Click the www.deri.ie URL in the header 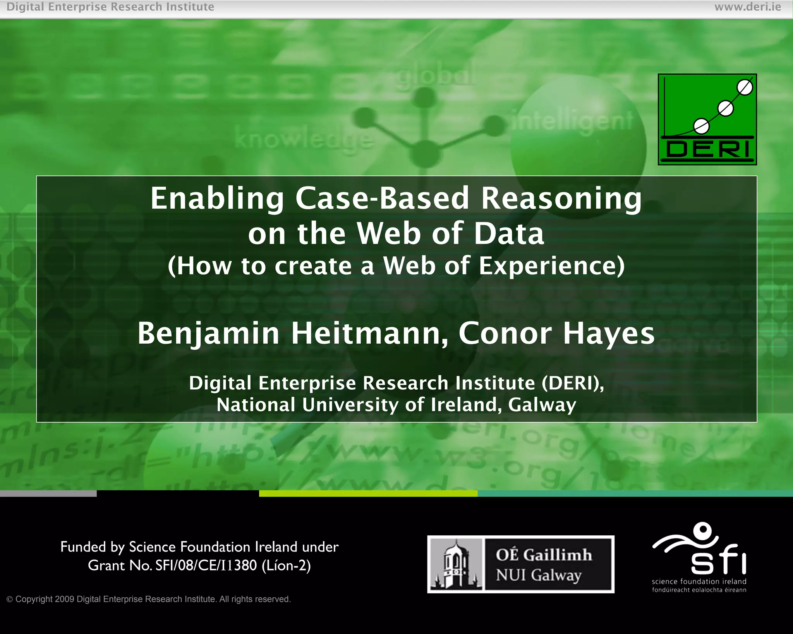(x=747, y=7)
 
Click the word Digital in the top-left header (x=25, y=7)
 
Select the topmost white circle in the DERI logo (x=745, y=87)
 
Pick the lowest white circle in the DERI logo (x=701, y=126)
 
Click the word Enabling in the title (x=217, y=198)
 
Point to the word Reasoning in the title (x=561, y=198)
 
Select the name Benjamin (x=208, y=333)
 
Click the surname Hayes (x=608, y=333)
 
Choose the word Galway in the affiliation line (x=542, y=405)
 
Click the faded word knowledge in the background (x=304, y=139)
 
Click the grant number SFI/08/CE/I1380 (x=206, y=565)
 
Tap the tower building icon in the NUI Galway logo (x=456, y=564)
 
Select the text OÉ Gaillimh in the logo (x=544, y=555)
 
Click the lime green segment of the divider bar (x=368, y=493)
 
